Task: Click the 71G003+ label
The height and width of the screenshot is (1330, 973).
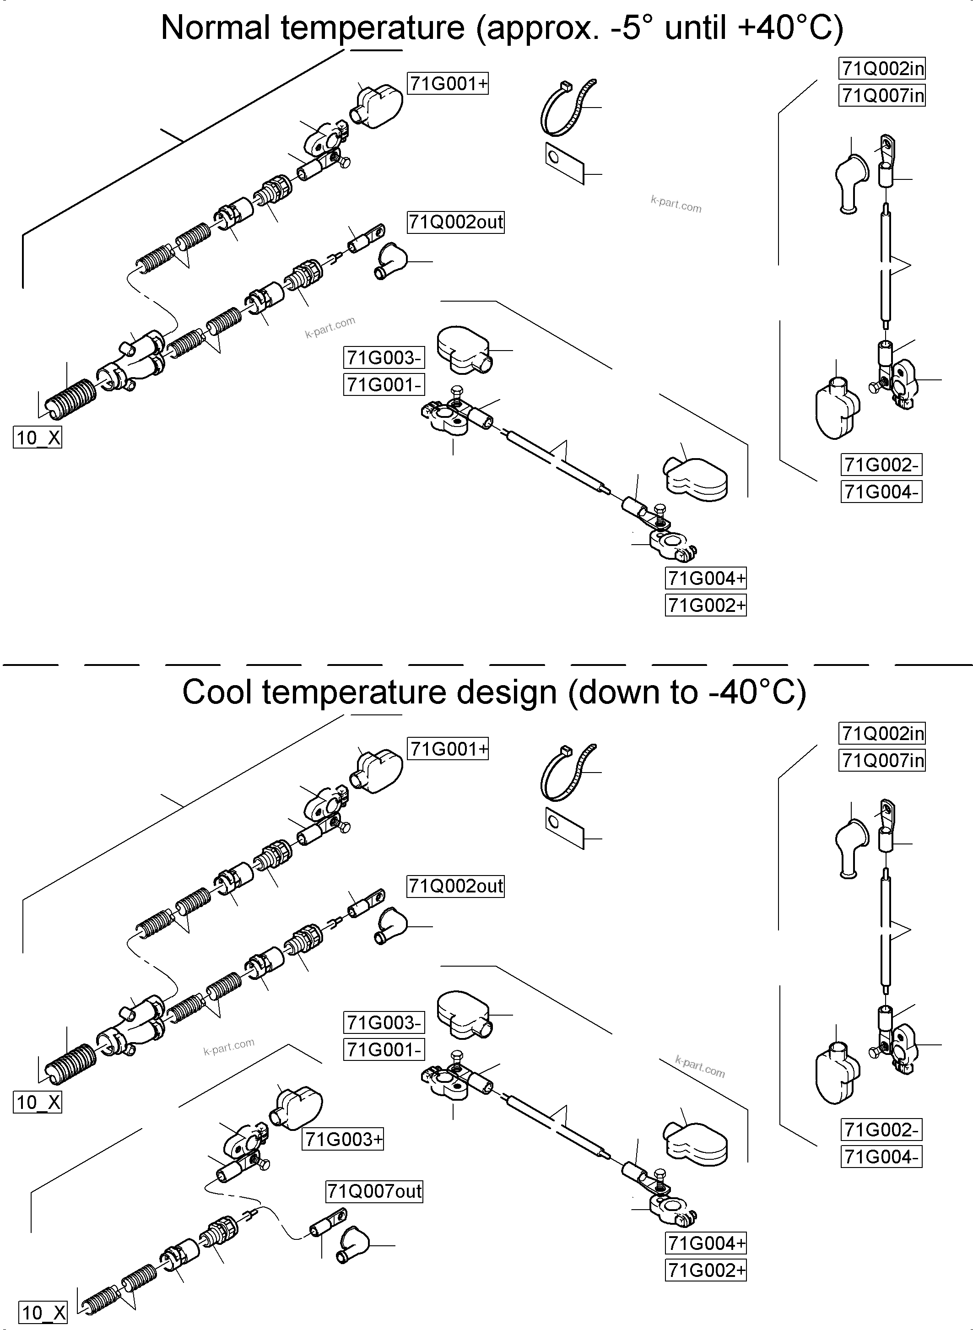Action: (x=343, y=1139)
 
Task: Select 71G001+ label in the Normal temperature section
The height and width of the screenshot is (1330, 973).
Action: (x=448, y=84)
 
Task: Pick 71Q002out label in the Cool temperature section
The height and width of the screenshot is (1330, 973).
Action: (x=455, y=886)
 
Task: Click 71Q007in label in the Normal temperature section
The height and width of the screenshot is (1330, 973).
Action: (x=882, y=95)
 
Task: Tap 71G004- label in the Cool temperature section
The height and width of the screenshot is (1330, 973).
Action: (x=881, y=1157)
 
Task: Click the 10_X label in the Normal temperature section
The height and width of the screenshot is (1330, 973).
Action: (x=37, y=438)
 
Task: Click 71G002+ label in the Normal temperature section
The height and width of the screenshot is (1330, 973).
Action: (x=706, y=605)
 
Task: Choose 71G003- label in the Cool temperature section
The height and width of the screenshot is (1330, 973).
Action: (x=384, y=1022)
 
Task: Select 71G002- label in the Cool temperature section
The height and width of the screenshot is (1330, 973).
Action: (x=881, y=1130)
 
